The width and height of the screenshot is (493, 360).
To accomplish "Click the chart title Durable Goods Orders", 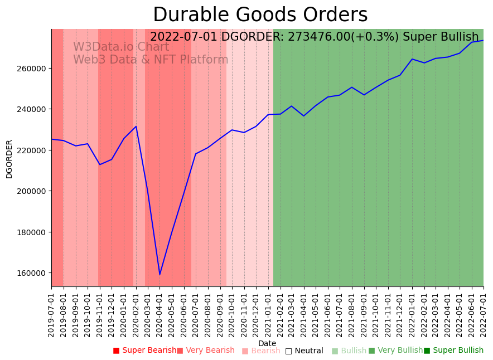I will click(x=260, y=15).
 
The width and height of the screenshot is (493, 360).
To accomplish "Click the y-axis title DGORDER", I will click(x=9, y=159).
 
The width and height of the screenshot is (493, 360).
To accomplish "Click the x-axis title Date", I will click(x=267, y=343).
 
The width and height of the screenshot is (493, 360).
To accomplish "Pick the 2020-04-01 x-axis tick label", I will click(x=159, y=313).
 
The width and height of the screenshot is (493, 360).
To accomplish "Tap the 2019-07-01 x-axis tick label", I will click(x=51, y=313).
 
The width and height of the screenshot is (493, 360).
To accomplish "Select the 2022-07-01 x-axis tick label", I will click(x=484, y=313).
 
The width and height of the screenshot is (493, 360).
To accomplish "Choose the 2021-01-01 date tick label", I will click(x=268, y=313).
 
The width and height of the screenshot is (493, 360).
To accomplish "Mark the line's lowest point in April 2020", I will click(x=159, y=274).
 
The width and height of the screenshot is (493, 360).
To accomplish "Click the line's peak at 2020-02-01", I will click(x=136, y=127).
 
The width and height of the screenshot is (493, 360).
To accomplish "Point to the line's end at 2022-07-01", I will click(x=483, y=40).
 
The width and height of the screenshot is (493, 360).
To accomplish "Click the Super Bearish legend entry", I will click(x=144, y=351).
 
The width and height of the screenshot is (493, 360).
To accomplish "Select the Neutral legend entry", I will click(x=304, y=351).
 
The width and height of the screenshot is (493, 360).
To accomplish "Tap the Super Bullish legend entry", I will click(x=453, y=351).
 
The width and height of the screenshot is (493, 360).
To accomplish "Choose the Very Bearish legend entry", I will click(x=206, y=351).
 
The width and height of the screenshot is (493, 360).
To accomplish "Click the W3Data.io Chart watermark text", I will click(x=121, y=47).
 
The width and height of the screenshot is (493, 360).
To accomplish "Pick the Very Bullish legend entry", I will click(x=395, y=351).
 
